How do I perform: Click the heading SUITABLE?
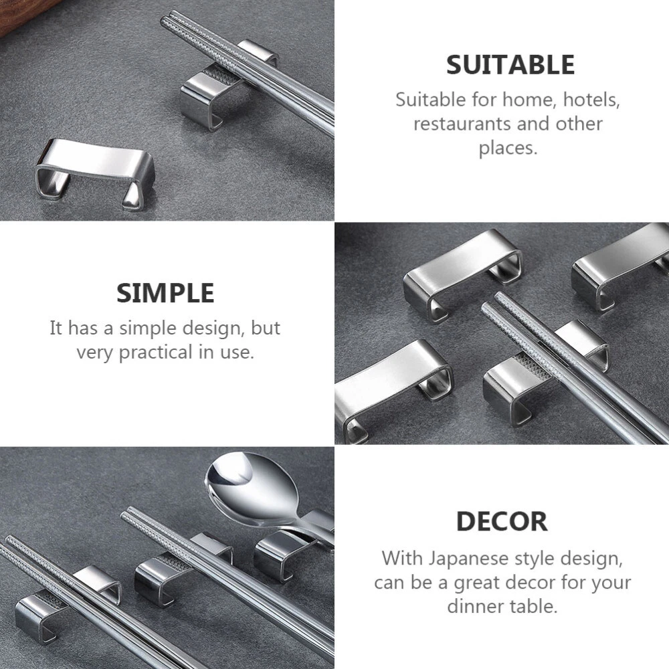click(510, 65)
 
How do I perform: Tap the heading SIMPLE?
click(165, 293)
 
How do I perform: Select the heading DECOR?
click(502, 521)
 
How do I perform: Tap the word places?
click(508, 149)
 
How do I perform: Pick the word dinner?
click(475, 606)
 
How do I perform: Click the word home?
click(529, 100)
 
